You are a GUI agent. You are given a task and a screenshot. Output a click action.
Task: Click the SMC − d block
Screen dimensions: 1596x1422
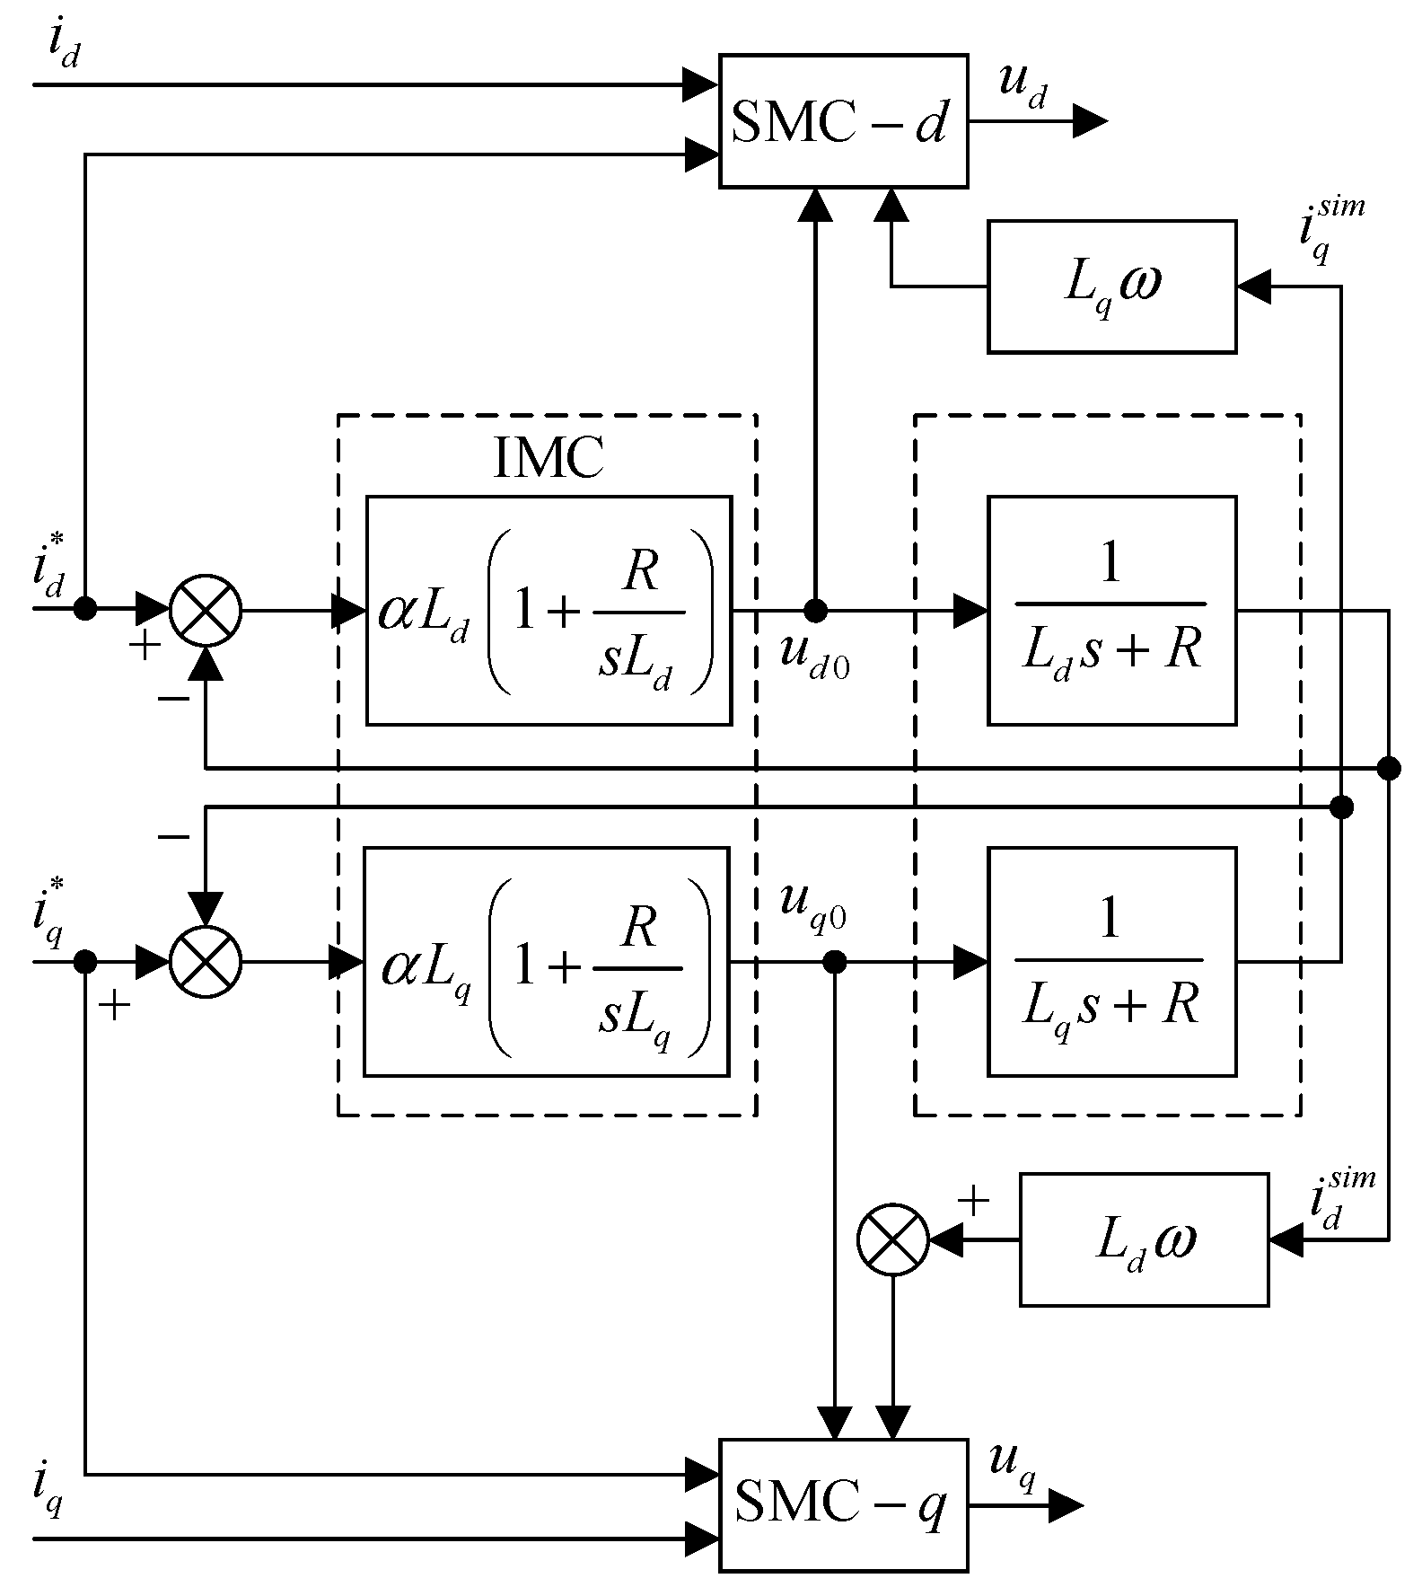843,121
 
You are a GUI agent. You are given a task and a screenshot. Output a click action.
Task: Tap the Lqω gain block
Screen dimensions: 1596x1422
1111,287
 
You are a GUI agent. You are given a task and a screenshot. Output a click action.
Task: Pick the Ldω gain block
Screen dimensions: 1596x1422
1144,1239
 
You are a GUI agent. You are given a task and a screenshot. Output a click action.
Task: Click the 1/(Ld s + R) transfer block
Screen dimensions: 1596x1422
1111,610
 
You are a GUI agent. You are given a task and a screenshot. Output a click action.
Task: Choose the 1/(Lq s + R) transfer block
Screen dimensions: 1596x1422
1111,961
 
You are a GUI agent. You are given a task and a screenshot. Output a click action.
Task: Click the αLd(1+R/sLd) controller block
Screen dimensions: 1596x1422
549,610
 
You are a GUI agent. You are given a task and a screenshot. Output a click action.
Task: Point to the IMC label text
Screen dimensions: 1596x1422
549,459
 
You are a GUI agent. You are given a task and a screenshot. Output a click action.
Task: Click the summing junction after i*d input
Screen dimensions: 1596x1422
206,611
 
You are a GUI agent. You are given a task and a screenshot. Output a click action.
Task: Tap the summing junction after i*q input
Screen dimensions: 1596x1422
206,962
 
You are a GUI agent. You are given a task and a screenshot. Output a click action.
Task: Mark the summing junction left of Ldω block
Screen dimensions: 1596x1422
892,1239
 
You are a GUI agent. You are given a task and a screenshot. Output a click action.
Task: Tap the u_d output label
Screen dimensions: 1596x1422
1023,86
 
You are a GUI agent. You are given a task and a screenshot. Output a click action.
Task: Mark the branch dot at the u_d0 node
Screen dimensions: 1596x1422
815,611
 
